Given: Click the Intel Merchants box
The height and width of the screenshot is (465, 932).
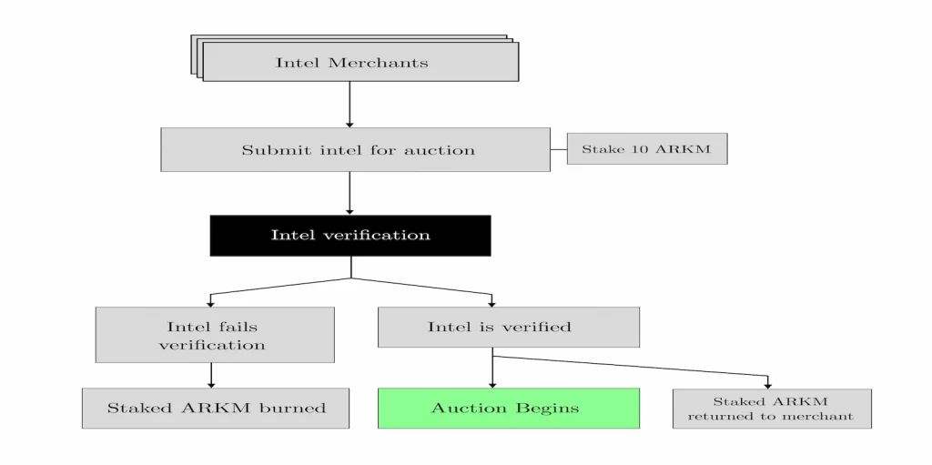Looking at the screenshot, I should coord(360,62).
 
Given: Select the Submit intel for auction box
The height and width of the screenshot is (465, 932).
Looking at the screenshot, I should coord(355,149).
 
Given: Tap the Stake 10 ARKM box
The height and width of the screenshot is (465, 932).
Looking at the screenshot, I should coord(646,149).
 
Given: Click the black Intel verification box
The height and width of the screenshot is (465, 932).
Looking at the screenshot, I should coord(350,235).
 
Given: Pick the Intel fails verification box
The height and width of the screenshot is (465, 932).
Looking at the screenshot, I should coord(214,335).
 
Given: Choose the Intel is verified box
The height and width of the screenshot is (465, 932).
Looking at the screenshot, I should coord(508,327).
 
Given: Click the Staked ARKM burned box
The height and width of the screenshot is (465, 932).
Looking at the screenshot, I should coord(216,408).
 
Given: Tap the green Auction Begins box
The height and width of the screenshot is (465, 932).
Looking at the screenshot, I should coord(508,408).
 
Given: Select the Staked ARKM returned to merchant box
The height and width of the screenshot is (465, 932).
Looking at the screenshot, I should coord(771,408).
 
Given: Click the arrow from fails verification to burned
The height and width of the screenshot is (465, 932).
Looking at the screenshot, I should coord(211,375).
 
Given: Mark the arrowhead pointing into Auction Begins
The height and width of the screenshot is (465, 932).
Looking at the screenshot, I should coord(492,383).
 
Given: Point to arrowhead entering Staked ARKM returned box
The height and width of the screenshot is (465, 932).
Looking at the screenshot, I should coord(767,384).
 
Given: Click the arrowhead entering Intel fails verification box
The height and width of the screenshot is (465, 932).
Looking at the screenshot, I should coord(211,302).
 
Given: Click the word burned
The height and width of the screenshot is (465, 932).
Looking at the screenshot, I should coord(294,408).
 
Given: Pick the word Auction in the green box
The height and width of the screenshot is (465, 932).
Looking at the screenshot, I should coord(469,408).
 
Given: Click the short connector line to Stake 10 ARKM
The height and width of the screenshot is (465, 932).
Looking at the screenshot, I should coord(559,149).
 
